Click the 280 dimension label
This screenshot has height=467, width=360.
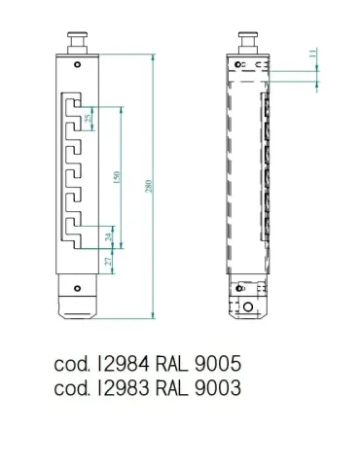tap(149, 186)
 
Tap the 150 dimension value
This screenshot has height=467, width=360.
tap(117, 177)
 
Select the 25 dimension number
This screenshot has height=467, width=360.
tap(88, 119)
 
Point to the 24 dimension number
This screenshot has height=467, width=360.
tap(109, 237)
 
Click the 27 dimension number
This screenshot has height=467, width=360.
tap(109, 261)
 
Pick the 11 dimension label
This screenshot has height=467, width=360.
tap(312, 54)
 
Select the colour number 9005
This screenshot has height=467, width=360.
tap(218, 364)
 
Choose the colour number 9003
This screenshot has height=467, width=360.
tap(218, 387)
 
